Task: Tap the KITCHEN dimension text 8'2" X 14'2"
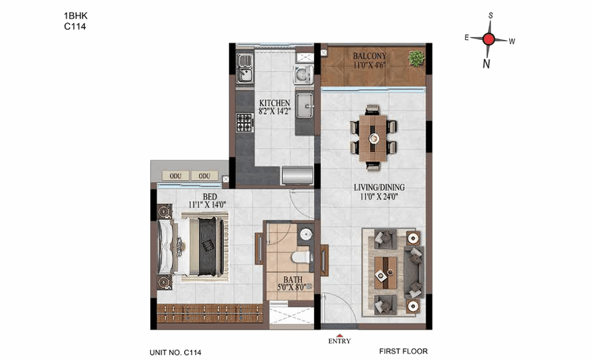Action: click(275, 113)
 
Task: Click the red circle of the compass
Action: click(489, 40)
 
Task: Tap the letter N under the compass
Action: click(487, 64)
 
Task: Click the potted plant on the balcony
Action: click(415, 58)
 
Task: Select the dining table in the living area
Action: click(373, 137)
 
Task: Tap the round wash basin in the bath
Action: click(306, 233)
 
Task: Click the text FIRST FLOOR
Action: click(403, 351)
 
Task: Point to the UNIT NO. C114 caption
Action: click(175, 352)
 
